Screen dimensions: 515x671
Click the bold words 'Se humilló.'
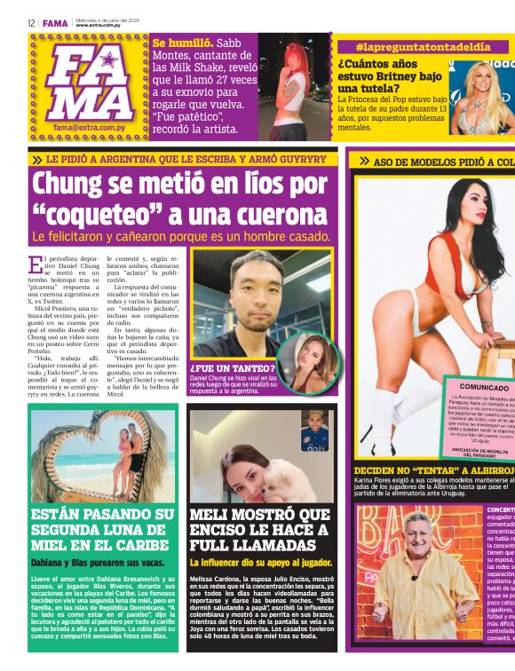(181, 43)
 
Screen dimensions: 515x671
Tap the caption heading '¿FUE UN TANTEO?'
(233, 367)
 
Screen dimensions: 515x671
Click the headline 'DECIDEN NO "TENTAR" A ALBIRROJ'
(433, 470)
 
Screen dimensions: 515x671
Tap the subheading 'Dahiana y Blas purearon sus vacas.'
(98, 563)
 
